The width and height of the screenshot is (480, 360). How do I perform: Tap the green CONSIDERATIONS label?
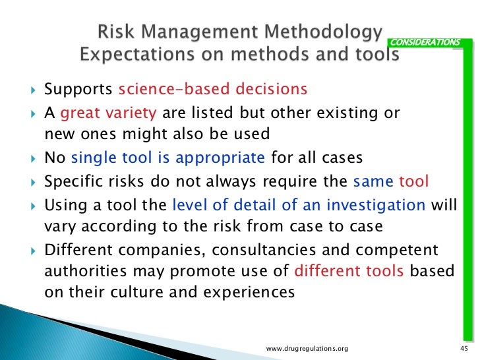[x=425, y=43]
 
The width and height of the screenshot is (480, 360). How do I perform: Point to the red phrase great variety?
[x=108, y=113]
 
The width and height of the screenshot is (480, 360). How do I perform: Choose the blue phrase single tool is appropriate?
[x=167, y=158]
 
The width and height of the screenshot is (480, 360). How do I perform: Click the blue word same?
[x=374, y=181]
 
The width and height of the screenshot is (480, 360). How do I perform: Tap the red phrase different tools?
[x=349, y=271]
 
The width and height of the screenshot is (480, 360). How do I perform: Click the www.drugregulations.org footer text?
[x=307, y=348]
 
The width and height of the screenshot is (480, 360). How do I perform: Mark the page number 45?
[x=462, y=348]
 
